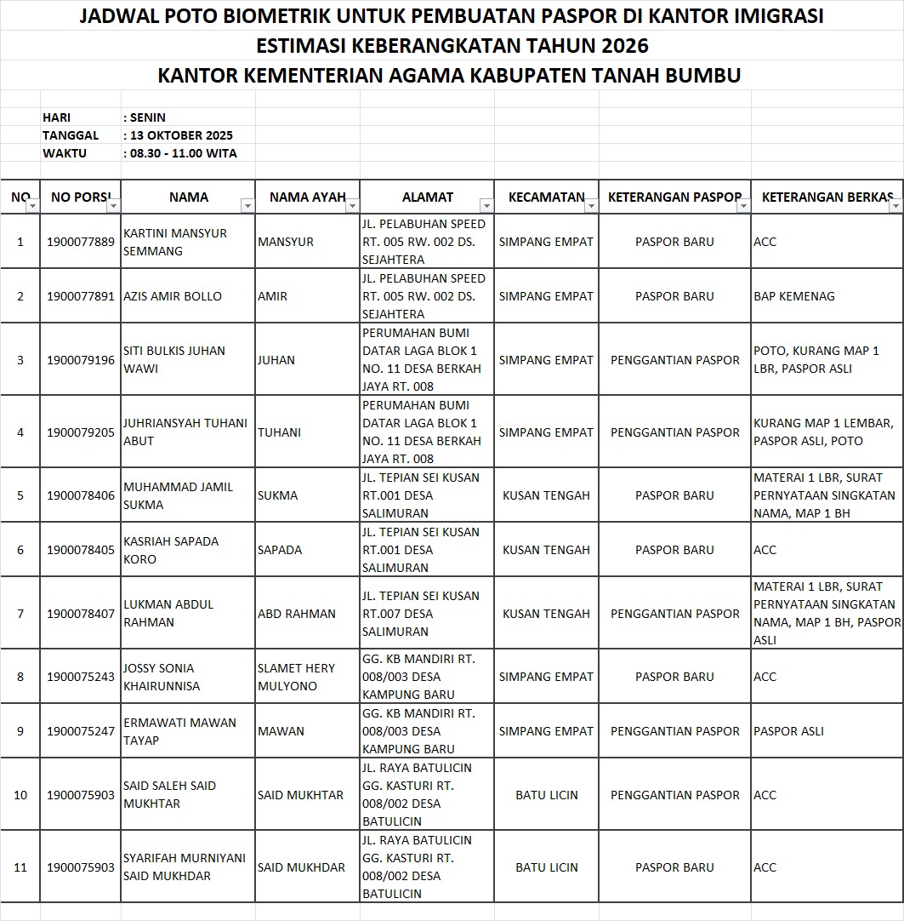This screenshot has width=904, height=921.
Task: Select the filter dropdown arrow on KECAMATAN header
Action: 591,205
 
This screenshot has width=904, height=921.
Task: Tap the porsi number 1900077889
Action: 81,242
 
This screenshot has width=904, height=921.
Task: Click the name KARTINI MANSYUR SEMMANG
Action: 175,242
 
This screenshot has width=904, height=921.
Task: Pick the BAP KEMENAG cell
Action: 794,296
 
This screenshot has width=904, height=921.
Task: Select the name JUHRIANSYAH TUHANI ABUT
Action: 185,432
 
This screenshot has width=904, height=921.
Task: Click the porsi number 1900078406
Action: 81,495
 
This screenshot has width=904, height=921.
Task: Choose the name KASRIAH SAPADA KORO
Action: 171,550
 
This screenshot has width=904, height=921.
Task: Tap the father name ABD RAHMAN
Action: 297,614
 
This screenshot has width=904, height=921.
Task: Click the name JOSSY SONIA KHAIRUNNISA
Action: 162,677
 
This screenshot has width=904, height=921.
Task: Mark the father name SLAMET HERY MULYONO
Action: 296,677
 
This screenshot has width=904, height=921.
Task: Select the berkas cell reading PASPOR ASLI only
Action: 788,731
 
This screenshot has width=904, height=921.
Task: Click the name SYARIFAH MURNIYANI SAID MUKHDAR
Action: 185,867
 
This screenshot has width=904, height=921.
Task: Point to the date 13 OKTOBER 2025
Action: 181,135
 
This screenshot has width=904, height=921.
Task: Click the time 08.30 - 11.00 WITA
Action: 184,153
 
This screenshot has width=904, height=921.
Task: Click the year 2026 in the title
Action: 623,44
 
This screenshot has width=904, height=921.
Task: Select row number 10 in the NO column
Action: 20,795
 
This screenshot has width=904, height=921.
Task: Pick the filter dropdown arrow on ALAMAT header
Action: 486,205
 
